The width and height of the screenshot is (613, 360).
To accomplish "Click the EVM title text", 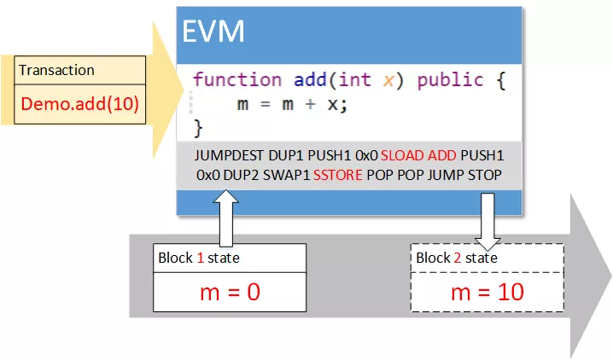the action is tap(213, 31).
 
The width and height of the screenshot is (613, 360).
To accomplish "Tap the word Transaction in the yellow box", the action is tap(56, 70).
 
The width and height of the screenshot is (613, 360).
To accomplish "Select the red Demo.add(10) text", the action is tap(79, 104).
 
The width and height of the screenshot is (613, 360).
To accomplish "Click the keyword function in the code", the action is tap(237, 79).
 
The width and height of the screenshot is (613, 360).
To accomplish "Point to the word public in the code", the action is tap(451, 80).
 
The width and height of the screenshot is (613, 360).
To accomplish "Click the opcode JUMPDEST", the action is tap(229, 155).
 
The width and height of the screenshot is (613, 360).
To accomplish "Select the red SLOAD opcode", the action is tap(402, 155).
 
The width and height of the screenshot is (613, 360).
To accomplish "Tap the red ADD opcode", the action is tap(441, 155).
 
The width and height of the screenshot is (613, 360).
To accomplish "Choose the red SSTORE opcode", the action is tap(338, 175).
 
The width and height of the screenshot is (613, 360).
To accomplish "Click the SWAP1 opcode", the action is tap(286, 175).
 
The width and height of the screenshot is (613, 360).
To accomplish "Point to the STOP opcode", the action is tap(485, 175).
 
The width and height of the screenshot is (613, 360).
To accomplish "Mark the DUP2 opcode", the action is tap(241, 175).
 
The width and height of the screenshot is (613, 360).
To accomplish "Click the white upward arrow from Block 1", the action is tap(226, 218).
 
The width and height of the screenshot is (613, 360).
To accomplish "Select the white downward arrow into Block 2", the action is tap(487, 222).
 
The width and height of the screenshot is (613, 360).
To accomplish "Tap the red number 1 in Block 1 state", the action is tap(201, 258).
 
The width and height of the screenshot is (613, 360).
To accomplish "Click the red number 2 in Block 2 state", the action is tap(457, 258).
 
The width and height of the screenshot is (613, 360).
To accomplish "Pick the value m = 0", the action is tap(230, 292).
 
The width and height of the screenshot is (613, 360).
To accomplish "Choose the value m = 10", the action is tap(487, 292).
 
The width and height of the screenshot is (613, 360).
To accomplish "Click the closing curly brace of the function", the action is tap(198, 128).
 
